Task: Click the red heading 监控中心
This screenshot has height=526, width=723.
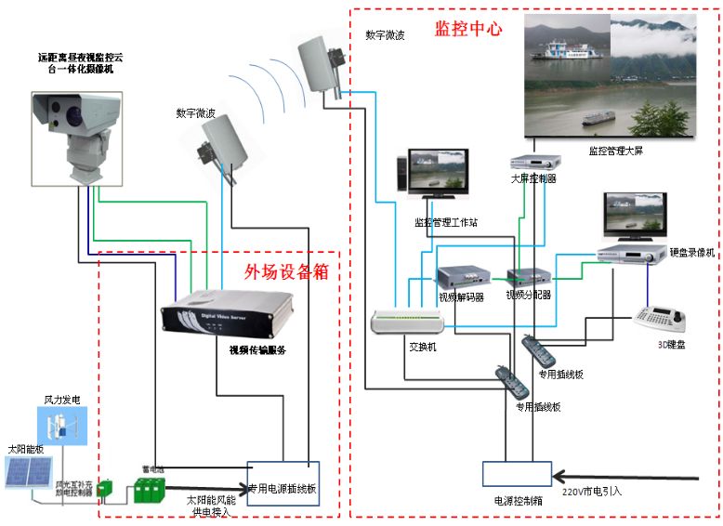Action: [x=468, y=28]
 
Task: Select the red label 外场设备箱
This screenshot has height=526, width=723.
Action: [x=286, y=272]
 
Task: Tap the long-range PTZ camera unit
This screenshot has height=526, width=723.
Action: [x=75, y=130]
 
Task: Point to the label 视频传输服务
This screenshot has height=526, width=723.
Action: [x=257, y=350]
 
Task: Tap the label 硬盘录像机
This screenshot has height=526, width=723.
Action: [x=691, y=252]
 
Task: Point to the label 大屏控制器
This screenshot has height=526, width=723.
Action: [x=533, y=178]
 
